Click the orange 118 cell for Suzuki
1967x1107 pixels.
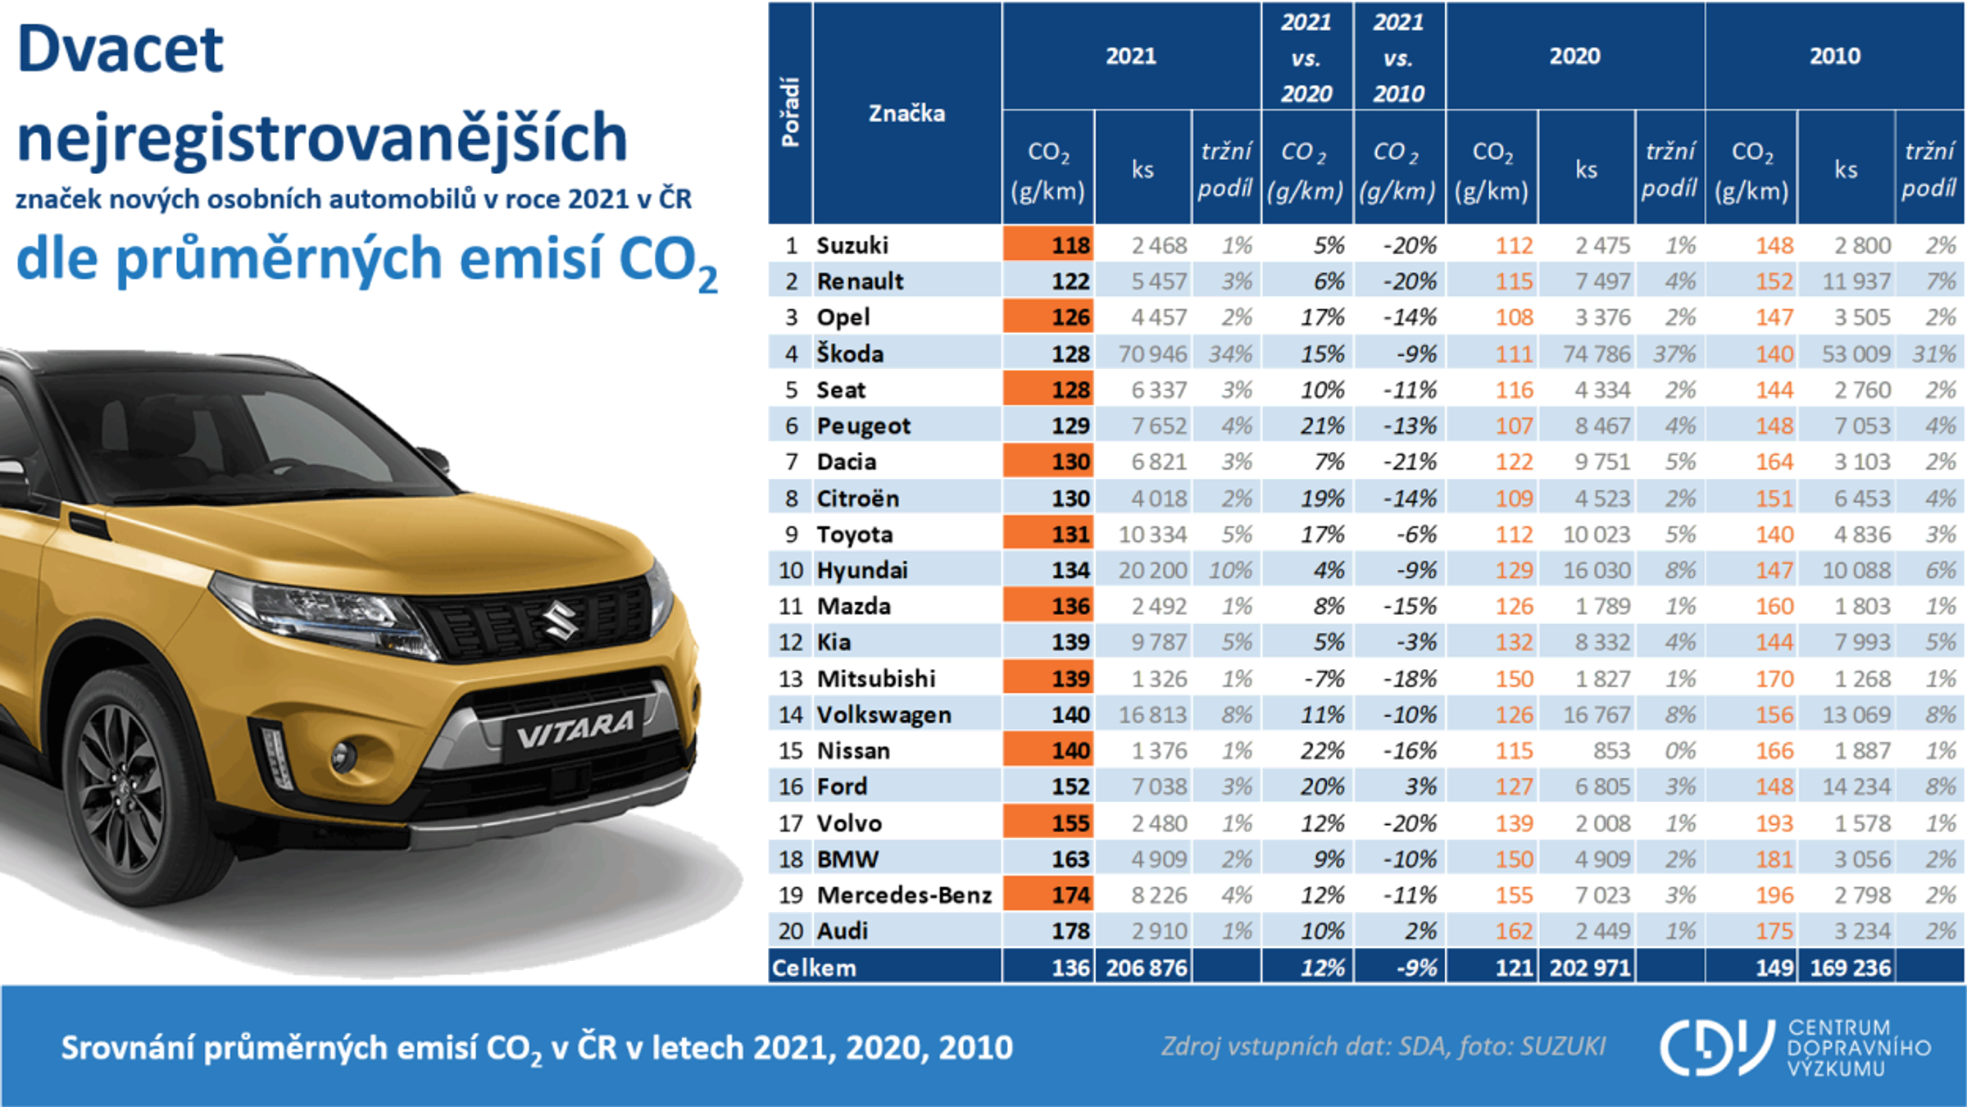1048,244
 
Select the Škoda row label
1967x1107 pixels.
850,353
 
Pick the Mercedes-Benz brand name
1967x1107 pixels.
904,895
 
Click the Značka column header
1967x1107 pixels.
906,113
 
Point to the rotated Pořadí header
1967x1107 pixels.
790,113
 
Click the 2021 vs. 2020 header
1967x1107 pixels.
1306,57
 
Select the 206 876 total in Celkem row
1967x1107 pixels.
1146,968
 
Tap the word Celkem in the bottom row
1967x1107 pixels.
814,968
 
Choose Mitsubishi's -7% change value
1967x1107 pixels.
1323,678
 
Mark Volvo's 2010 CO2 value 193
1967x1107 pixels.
1774,822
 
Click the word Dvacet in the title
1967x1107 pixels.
120,49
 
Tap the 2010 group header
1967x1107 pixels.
1834,56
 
